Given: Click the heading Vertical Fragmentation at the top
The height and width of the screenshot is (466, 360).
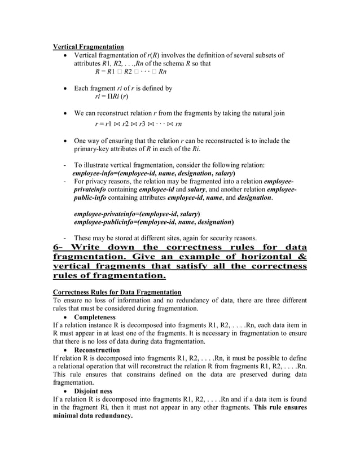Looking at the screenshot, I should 88,46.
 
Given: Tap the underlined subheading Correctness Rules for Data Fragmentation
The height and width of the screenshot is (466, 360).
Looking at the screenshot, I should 117,292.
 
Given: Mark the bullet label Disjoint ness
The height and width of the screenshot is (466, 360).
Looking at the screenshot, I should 91,391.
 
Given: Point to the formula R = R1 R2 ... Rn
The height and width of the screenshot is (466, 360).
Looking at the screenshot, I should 130,72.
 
